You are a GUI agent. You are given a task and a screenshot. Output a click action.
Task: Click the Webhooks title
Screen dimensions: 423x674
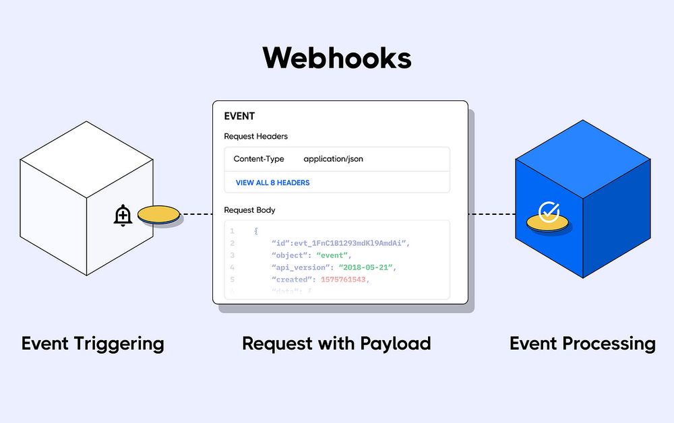(337, 58)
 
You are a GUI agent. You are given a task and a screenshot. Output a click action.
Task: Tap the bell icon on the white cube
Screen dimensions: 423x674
(123, 216)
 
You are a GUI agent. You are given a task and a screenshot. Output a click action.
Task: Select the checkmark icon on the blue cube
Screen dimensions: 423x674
(549, 212)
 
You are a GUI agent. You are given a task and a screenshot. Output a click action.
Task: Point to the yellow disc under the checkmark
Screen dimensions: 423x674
(548, 223)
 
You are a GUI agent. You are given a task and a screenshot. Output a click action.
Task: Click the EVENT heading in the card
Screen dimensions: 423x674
(239, 117)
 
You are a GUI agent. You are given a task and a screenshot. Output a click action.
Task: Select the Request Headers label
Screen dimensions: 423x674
(255, 137)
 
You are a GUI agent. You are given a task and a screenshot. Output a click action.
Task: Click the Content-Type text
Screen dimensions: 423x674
(259, 160)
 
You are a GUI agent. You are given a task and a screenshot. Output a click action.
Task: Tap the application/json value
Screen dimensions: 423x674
(333, 160)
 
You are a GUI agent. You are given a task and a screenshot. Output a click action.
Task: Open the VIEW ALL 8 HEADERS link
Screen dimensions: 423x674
(272, 183)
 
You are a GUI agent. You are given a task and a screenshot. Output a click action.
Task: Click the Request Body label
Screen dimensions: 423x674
(249, 210)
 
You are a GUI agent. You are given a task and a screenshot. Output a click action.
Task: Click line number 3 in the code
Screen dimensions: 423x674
(232, 255)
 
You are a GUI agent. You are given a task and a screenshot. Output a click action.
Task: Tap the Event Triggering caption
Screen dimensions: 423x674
(93, 344)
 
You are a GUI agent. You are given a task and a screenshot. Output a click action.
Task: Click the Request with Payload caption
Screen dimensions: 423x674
(336, 344)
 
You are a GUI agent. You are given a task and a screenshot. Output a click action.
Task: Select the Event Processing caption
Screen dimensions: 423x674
(582, 344)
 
